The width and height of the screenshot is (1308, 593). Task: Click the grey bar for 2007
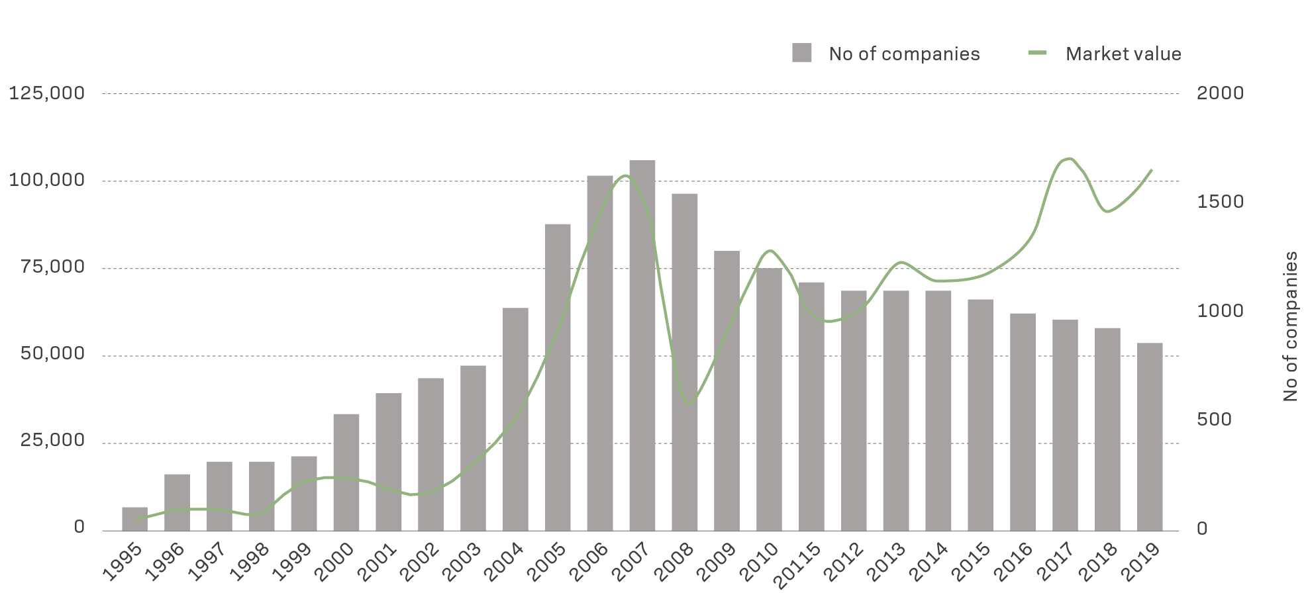642,344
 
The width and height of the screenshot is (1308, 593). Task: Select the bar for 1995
134,518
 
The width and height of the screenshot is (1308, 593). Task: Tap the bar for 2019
1150,436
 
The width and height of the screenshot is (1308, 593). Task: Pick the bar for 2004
515,418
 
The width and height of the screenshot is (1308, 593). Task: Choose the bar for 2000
346,471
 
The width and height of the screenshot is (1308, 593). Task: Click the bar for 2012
854,410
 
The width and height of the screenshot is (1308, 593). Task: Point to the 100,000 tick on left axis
47,180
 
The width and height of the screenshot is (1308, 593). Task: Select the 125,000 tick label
47,93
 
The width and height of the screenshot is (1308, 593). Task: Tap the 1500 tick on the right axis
1220,202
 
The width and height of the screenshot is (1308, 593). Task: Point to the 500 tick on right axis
1214,420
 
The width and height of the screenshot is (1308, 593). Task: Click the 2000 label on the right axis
1220,93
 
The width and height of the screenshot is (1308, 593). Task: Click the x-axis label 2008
676,561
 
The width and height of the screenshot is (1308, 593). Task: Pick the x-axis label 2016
1014,561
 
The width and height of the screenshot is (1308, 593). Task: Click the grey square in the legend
801,53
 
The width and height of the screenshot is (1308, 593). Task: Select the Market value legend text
1123,54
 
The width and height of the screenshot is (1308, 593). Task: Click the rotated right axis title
1290,326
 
